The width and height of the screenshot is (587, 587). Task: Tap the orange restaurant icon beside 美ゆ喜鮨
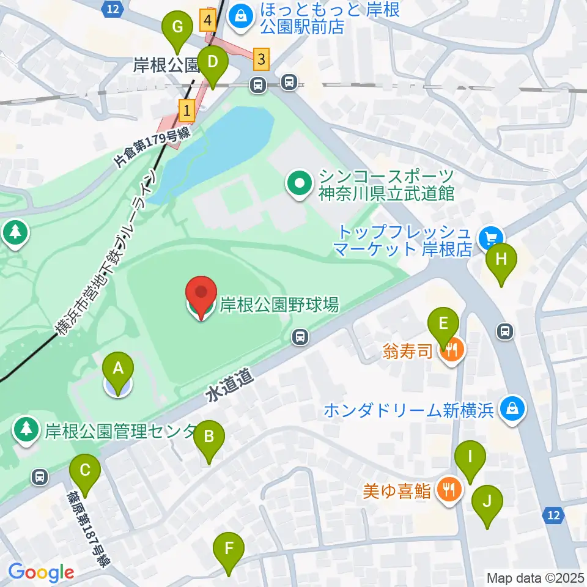(449, 490)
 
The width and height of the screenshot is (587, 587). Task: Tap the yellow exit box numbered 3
(262, 59)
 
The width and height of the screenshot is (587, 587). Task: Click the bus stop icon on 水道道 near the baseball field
(300, 336)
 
